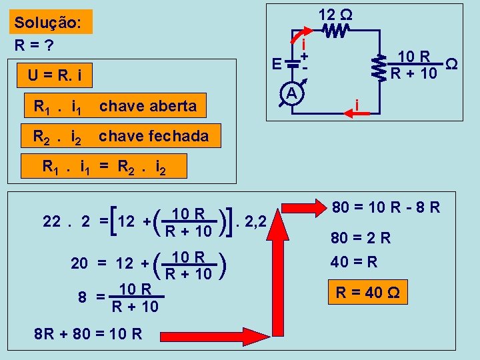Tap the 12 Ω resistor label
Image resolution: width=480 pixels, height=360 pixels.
(x=335, y=13)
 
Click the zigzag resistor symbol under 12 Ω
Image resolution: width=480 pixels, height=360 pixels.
(x=336, y=30)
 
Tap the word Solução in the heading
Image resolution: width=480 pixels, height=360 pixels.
(x=48, y=22)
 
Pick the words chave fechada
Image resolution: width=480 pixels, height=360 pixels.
(x=153, y=137)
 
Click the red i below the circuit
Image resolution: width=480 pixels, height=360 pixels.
(x=358, y=105)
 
